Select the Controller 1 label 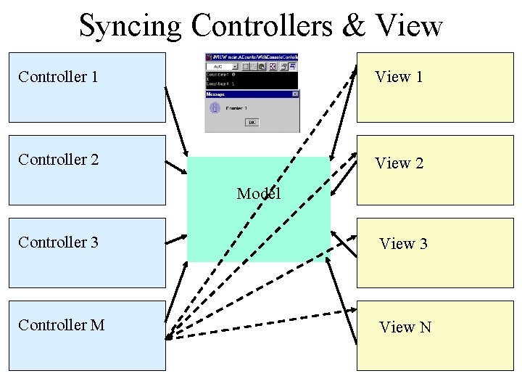(58, 76)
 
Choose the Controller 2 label (58, 159)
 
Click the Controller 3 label (58, 242)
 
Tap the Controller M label (61, 324)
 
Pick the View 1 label (399, 77)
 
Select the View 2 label (399, 163)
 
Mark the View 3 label (403, 244)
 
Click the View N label (405, 327)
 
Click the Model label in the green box (259, 194)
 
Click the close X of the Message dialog (295, 94)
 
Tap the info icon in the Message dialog (215, 108)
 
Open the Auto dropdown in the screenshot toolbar (220, 66)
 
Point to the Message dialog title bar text (216, 94)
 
